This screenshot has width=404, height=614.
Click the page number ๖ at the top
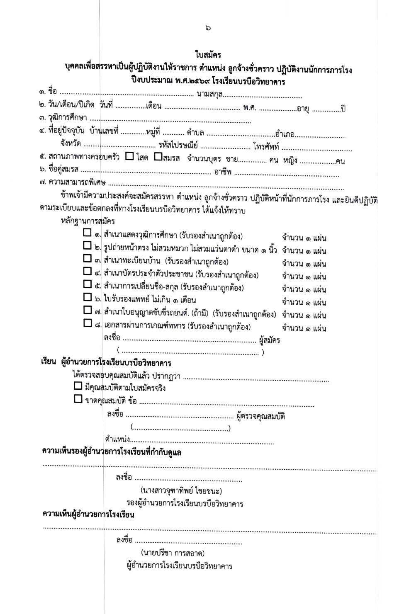point(208,28)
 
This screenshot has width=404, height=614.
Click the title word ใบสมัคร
point(208,55)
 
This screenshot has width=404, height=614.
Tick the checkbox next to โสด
point(129,157)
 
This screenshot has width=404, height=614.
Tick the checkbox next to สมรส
point(158,157)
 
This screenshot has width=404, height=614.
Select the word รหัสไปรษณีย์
point(178,146)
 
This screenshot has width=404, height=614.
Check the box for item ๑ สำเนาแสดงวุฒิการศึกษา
point(87,233)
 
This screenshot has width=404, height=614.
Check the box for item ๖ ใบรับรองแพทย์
point(87,297)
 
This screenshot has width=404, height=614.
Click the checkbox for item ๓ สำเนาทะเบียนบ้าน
point(87,258)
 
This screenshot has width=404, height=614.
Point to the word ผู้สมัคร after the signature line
point(269,340)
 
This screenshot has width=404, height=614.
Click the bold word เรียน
point(48,362)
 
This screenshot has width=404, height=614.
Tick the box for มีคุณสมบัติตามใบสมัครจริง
point(78,386)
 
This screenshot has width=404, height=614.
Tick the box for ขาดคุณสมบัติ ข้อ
point(78,399)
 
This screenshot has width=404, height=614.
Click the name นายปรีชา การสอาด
point(173,553)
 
